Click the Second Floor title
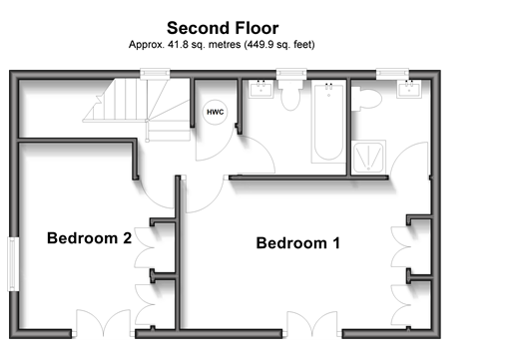(223, 28)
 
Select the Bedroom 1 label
(298, 243)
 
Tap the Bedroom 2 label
(89, 238)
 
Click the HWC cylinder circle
(216, 112)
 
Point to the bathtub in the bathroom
(328, 123)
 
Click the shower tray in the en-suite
(368, 157)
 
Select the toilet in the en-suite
(366, 99)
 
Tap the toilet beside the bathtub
(290, 95)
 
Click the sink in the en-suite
(409, 89)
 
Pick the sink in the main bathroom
(261, 89)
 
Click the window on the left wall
(13, 264)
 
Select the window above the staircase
(155, 74)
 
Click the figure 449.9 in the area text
(259, 45)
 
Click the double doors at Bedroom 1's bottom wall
(312, 324)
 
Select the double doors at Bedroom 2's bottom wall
(103, 323)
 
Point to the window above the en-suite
(392, 74)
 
